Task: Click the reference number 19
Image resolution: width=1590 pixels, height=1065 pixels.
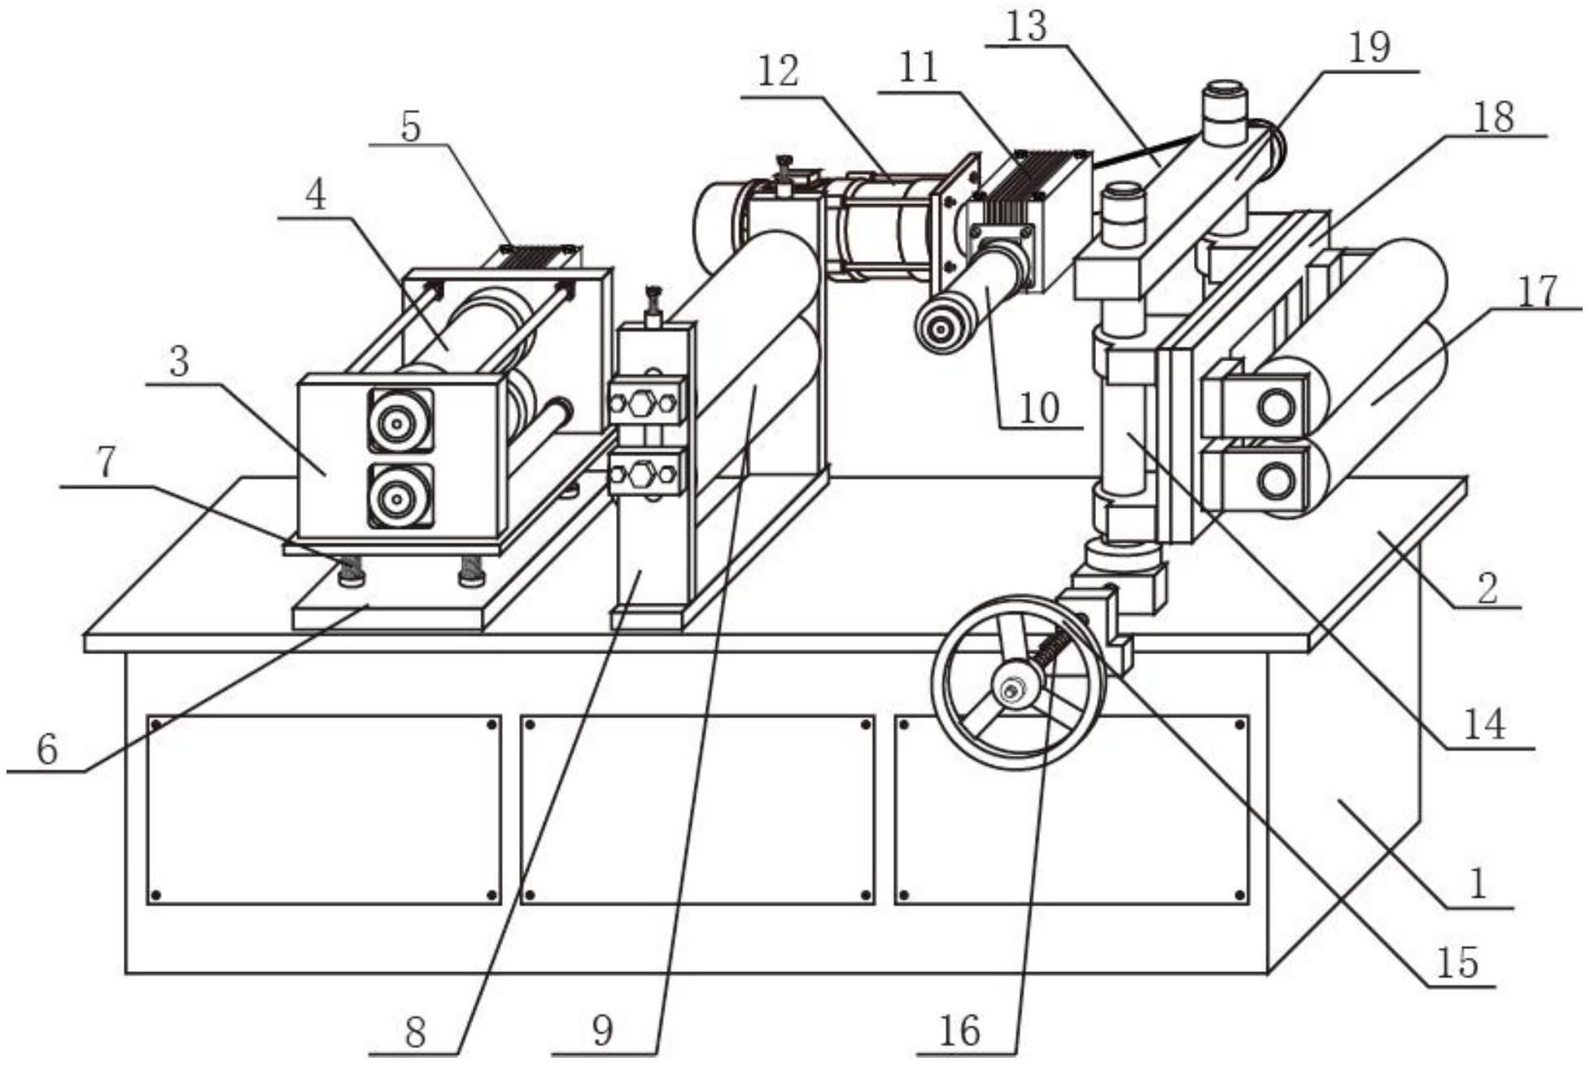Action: pos(1369,49)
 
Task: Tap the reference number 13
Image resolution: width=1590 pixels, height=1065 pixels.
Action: pos(1026,27)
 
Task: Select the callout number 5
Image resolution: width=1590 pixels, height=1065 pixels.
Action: pos(411,127)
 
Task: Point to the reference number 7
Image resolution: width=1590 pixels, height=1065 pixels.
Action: pos(107,463)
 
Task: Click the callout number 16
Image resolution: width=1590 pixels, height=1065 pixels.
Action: pos(959,1032)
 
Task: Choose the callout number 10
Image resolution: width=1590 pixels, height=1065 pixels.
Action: pos(1039,408)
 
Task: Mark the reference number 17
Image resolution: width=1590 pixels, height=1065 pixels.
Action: pos(1537,292)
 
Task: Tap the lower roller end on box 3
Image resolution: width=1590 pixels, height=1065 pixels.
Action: pos(400,495)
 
